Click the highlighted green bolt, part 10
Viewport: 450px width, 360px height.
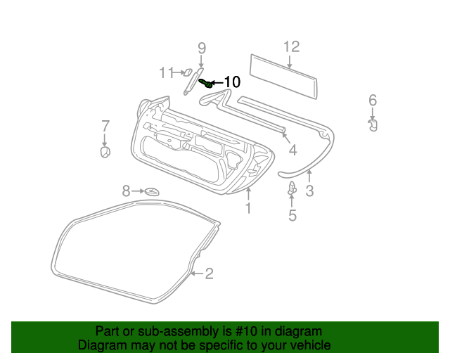click(x=207, y=83)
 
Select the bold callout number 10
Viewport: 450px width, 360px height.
click(x=232, y=82)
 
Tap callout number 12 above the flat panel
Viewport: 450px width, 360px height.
click(x=291, y=46)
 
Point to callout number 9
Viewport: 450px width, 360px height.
click(x=202, y=48)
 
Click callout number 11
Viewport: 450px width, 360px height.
click(x=167, y=72)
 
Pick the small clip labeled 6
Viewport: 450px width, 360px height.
click(x=373, y=125)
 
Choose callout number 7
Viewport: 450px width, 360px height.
click(x=105, y=126)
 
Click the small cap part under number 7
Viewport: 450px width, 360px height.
click(x=105, y=152)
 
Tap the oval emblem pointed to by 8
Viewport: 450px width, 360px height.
click(x=152, y=191)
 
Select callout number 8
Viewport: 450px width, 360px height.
click(x=127, y=191)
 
